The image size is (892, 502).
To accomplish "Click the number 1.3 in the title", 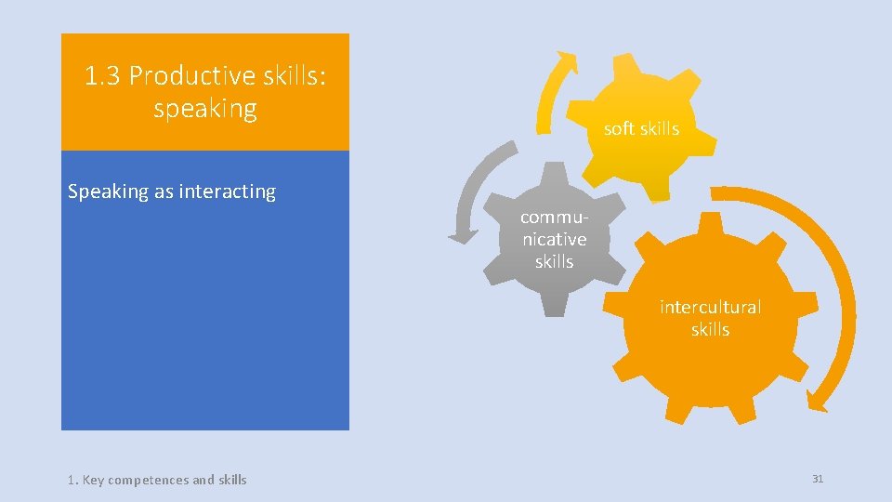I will [103, 76].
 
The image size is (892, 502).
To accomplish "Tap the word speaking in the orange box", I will [204, 109].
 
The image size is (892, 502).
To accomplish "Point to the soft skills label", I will [641, 128].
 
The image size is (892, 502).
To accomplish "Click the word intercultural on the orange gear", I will [710, 307].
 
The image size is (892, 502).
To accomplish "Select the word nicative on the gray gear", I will [554, 239].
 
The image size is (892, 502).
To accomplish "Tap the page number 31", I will [818, 479].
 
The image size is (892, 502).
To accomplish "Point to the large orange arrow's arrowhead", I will [817, 400].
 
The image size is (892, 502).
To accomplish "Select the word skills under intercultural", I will [710, 330].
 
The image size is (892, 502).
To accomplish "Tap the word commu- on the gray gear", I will [554, 217].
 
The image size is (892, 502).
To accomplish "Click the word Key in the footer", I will [93, 480].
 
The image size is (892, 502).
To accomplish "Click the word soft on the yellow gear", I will [619, 128].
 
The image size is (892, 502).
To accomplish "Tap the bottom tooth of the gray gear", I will [555, 305].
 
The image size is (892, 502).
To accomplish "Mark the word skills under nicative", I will [554, 262].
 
